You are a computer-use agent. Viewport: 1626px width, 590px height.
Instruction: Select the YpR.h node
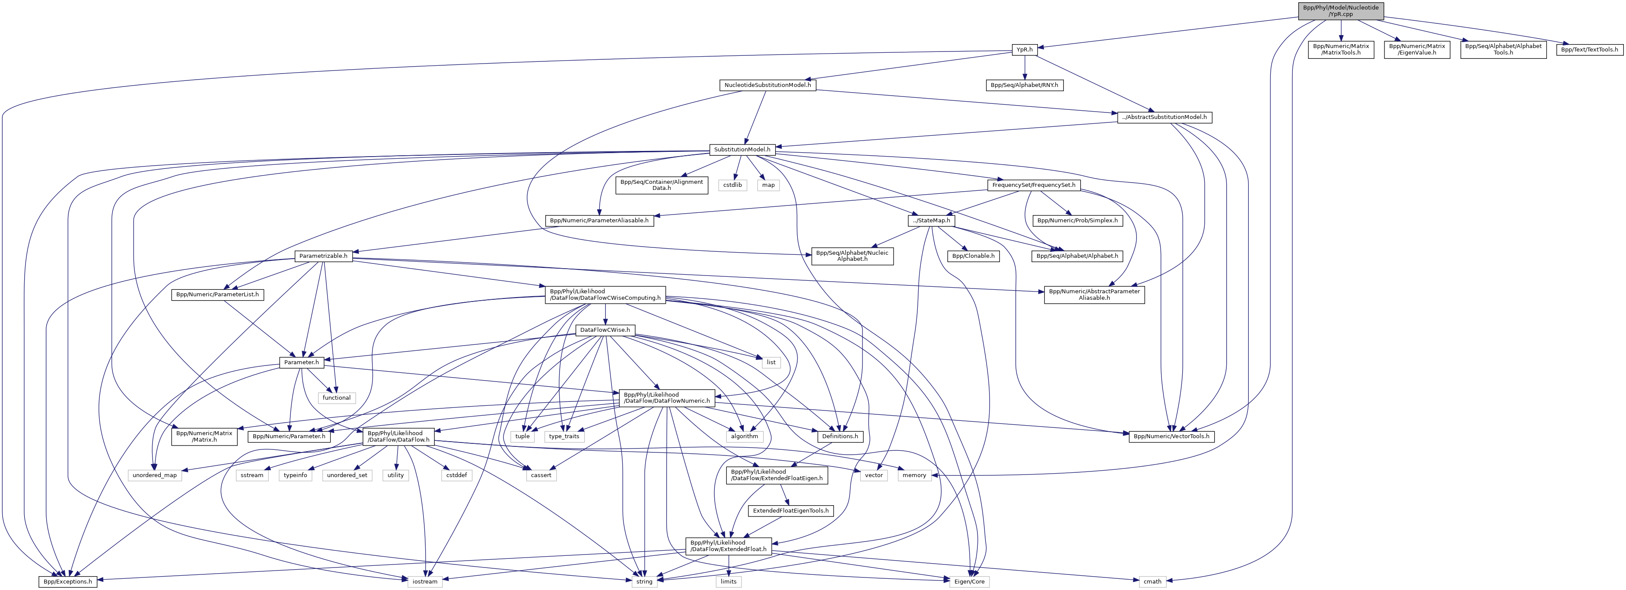(x=1024, y=49)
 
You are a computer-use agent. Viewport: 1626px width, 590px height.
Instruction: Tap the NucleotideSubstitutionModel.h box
(x=767, y=85)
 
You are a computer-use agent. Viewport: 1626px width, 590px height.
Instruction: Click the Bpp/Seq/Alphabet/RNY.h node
(x=1025, y=85)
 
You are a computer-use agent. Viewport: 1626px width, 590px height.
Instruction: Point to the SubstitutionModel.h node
(x=741, y=150)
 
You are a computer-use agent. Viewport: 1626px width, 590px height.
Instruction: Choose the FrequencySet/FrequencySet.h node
(x=1033, y=185)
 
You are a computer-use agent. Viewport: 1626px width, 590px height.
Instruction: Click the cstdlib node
(x=732, y=185)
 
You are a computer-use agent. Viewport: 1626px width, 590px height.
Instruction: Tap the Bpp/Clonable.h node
(x=973, y=256)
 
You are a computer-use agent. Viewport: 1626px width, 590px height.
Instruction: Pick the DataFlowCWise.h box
(x=605, y=330)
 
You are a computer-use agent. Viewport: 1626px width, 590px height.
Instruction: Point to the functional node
(x=337, y=398)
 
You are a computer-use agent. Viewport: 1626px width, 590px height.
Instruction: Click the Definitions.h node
(x=839, y=436)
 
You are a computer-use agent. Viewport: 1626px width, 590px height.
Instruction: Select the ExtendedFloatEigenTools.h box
(x=790, y=510)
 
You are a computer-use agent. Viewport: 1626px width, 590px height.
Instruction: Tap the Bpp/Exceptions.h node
(x=67, y=581)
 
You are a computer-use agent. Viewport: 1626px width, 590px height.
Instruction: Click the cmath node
(x=1152, y=581)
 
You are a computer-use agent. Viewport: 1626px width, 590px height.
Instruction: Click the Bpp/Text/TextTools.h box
(x=1589, y=49)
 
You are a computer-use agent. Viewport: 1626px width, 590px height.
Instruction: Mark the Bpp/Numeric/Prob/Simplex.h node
(x=1077, y=221)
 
